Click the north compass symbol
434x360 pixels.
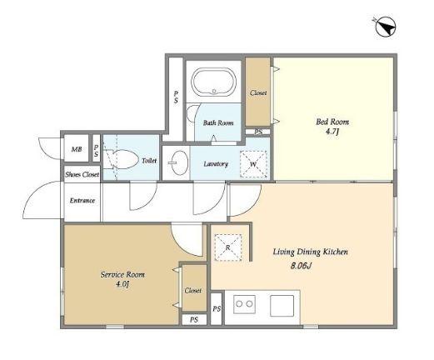point(385,27)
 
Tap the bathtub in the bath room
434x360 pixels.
point(214,82)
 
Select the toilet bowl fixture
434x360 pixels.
point(122,159)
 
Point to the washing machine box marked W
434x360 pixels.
point(253,164)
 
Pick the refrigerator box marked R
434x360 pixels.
point(228,247)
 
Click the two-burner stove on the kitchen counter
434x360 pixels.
point(244,304)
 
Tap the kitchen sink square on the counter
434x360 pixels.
point(282,306)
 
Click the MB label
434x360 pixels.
point(77,149)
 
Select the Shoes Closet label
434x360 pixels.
point(82,174)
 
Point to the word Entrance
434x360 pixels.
point(82,200)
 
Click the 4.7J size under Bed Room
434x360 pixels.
point(332,131)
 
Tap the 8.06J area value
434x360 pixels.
point(301,266)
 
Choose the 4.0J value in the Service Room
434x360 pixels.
point(122,284)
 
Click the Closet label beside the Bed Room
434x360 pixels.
point(258,92)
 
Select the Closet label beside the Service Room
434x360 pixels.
point(192,291)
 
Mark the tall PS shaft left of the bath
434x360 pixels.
point(176,97)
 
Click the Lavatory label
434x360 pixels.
point(216,164)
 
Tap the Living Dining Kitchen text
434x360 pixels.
point(310,252)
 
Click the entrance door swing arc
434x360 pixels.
point(31,194)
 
